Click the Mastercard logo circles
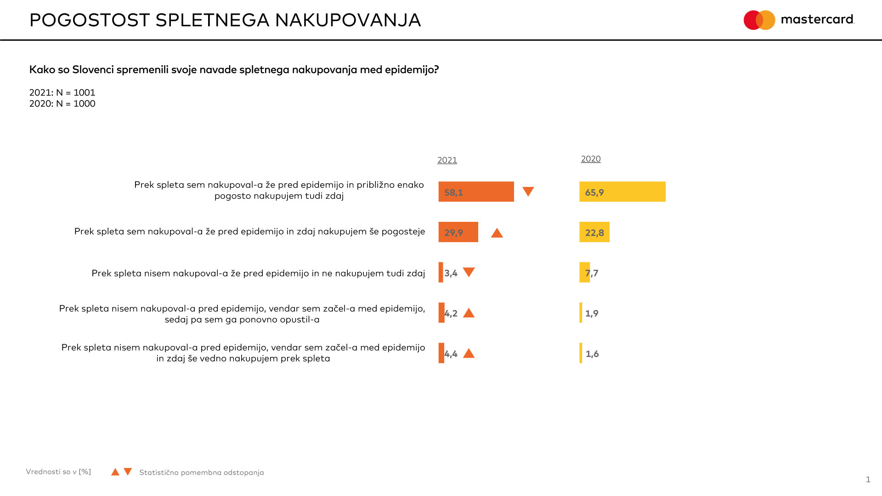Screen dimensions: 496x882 759,20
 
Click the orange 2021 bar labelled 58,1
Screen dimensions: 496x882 476,192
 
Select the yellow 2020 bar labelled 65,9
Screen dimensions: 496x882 622,192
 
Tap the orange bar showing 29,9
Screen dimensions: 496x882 458,232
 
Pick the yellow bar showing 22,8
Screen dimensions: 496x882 594,232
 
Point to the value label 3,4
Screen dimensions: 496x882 451,273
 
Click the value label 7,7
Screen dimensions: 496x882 592,273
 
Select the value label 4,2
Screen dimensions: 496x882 451,314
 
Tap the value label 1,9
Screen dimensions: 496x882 592,314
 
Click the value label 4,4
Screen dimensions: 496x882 451,354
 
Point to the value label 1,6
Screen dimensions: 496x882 592,354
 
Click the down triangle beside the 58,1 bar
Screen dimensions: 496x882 528,191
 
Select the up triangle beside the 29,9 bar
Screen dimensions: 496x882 497,233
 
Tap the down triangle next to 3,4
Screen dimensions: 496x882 469,272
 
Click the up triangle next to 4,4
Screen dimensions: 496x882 469,353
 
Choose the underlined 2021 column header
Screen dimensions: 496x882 447,160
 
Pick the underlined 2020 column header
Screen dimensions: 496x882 591,159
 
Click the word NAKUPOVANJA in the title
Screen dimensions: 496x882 348,20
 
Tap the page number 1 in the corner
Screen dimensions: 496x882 868,479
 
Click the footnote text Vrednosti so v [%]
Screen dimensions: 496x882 58,472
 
